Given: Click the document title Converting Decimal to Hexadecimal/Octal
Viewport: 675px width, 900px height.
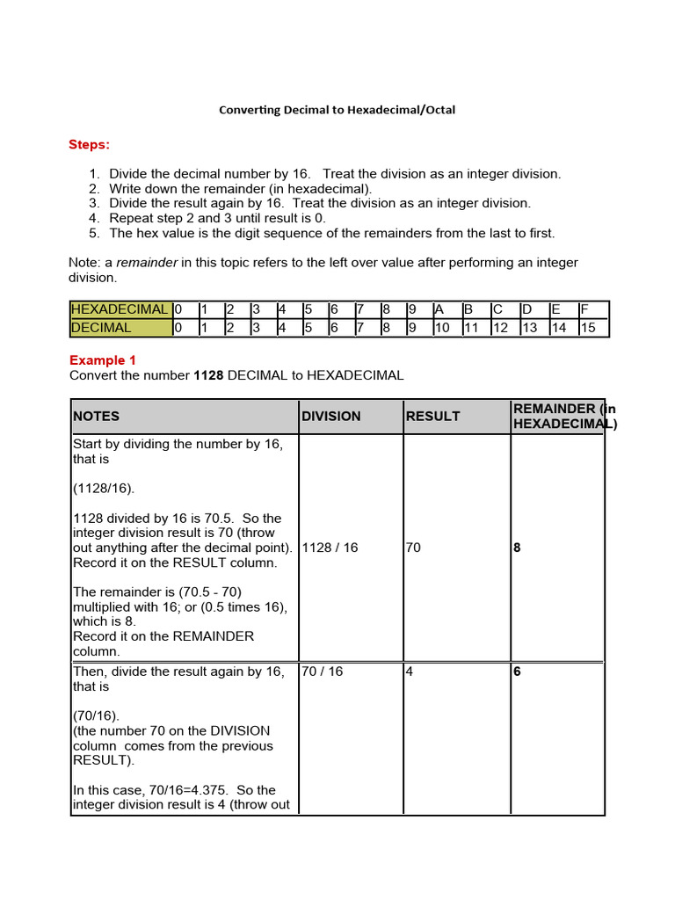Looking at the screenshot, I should click(x=337, y=110).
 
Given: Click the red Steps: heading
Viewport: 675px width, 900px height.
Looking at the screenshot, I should click(x=90, y=144).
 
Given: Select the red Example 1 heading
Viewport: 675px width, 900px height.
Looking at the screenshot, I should click(x=103, y=360).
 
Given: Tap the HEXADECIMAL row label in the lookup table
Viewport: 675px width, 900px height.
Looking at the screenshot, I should click(x=120, y=309).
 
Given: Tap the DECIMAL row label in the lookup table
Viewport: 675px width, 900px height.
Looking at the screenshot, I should click(x=101, y=328).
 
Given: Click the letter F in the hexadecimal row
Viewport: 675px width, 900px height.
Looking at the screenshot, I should click(x=584, y=309).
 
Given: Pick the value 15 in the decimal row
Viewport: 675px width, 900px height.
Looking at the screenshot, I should click(x=588, y=328).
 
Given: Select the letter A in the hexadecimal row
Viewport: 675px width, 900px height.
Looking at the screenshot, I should click(x=439, y=309).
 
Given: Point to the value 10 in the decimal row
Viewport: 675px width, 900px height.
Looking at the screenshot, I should click(x=442, y=328).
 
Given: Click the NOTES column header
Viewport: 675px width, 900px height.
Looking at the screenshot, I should click(x=97, y=416).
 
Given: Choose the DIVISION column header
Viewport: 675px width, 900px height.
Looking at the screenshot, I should click(x=331, y=416).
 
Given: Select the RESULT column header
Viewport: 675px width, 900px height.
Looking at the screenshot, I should click(x=432, y=416).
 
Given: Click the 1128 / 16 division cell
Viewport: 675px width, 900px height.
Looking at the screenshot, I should click(x=330, y=548).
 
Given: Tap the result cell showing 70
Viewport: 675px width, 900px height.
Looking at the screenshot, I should click(x=413, y=548).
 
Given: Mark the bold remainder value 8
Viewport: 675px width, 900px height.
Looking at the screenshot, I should click(x=517, y=548).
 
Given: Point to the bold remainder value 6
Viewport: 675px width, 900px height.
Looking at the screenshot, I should click(x=517, y=671).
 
